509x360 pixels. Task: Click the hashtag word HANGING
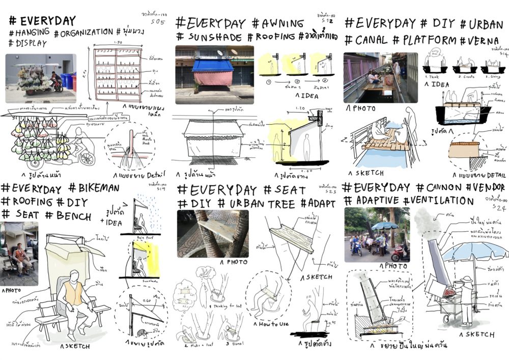click(x=32, y=33)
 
